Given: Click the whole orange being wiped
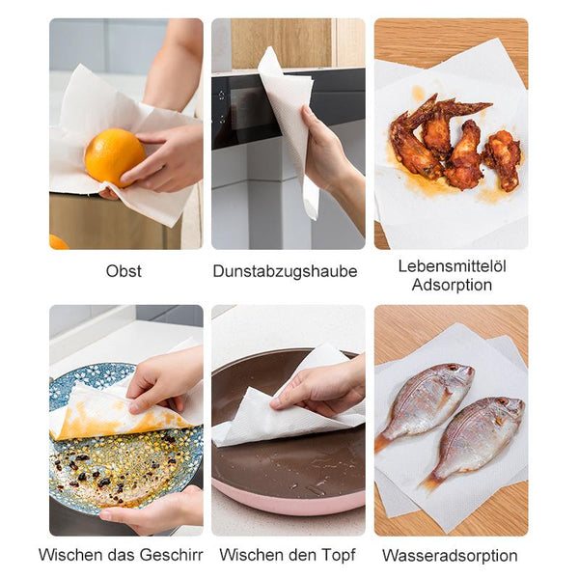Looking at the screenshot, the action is pos(115,157).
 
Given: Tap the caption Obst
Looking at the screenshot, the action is pos(124,271).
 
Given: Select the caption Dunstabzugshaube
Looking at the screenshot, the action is pos(285,271).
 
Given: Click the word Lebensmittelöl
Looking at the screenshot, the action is pos(452,266).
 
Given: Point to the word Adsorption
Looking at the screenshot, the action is pos(452,285).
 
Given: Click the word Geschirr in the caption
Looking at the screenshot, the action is pos(172,555).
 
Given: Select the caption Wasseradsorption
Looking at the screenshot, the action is pos(450,556).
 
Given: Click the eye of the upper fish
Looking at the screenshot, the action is pos(453,369).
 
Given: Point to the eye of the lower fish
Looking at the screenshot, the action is pos(503,401).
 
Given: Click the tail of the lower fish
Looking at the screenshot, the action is pos(429,482).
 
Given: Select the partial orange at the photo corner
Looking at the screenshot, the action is pos(58,242).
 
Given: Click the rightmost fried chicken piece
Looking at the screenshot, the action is pos(504,159).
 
